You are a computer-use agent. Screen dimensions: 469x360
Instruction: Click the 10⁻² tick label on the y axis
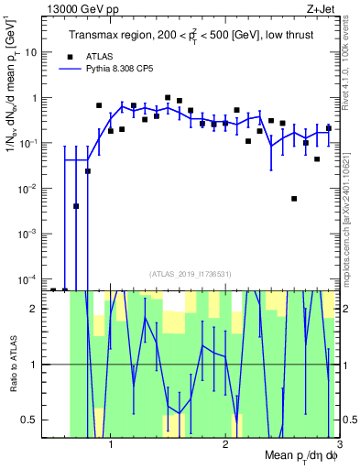[x=27, y=188]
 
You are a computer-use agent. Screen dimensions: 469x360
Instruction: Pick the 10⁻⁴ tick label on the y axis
[x=27, y=278]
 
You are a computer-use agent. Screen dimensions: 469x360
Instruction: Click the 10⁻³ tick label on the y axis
[x=27, y=234]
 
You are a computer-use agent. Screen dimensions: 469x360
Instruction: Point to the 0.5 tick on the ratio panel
[x=29, y=420]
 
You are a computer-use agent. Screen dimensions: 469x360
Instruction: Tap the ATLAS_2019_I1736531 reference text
[x=190, y=273]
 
